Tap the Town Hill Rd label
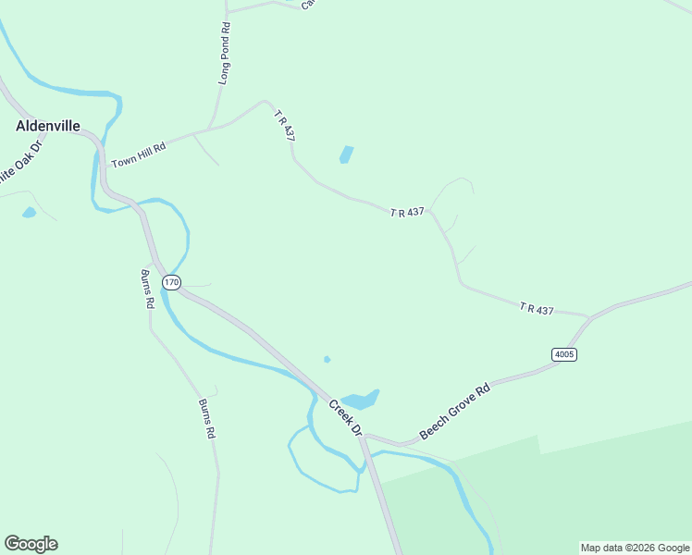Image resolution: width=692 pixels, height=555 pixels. pos(138,154)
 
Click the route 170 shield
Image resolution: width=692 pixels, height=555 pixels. pos(170,281)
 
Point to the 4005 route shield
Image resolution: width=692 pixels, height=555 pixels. pos(563,354)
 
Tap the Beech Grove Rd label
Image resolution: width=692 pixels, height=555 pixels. pos(453,411)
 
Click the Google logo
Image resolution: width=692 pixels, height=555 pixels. pos(31,544)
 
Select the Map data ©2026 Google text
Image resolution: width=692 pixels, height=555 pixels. pos(636,548)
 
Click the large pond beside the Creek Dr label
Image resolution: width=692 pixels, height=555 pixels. pos(361,400)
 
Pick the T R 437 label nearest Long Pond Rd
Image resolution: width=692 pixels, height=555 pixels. pos(284,125)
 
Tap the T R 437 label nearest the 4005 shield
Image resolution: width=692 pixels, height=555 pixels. pos(537,309)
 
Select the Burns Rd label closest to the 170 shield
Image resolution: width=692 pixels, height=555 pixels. pos(146,288)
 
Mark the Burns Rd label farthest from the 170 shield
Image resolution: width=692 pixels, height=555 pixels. pos(206,418)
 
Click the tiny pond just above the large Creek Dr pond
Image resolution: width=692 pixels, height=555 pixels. pos(327,359)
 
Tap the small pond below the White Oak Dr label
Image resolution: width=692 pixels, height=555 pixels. pos(29,213)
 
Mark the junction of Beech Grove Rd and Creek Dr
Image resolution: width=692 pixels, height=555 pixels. pos(365,436)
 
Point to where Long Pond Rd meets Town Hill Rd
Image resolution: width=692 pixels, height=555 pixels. pos(212,129)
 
